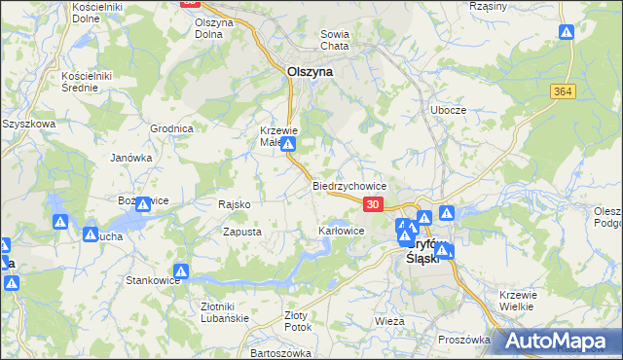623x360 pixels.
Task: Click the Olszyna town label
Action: tap(311, 71)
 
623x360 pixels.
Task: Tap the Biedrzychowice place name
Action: tap(350, 185)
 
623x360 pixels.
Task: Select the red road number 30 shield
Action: tap(374, 203)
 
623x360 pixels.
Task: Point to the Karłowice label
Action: tap(341, 232)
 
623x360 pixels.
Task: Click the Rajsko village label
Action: tap(235, 204)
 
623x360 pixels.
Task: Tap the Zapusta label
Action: tap(241, 232)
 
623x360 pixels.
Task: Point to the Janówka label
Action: tap(131, 158)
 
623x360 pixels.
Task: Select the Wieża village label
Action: tap(389, 320)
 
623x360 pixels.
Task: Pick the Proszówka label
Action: tap(463, 340)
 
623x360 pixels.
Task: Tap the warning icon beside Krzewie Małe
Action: tap(288, 144)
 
